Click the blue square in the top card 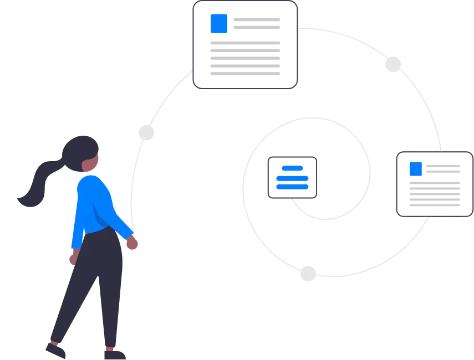point(219,24)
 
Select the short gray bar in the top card point(257,24)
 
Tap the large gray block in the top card point(246,58)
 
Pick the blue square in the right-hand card point(416,168)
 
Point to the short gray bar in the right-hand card point(443,168)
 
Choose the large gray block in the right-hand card point(435,192)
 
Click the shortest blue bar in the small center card point(292,168)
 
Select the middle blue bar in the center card point(292,177)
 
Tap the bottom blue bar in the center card point(292,186)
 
